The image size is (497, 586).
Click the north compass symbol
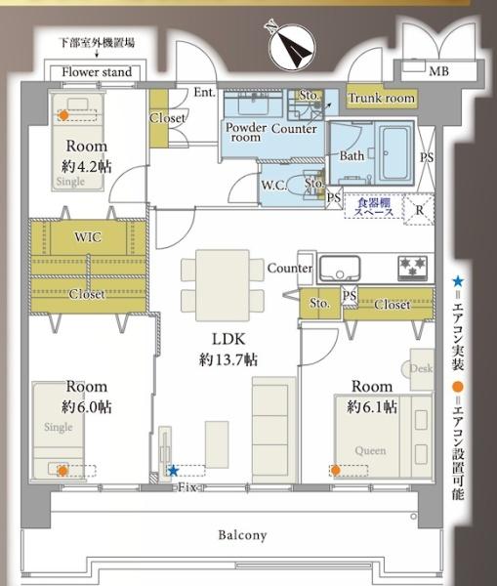(x=293, y=46)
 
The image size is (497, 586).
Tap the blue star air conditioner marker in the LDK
(x=173, y=471)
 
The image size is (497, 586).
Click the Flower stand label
(x=97, y=71)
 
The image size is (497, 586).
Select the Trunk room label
(x=382, y=98)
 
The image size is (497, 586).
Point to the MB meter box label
(x=439, y=71)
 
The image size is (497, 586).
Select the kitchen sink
(x=340, y=269)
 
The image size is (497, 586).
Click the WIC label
(x=88, y=237)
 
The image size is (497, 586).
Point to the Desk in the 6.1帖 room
(x=422, y=369)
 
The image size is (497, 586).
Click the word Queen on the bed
(x=370, y=450)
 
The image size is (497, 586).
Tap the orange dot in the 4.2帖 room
(x=63, y=115)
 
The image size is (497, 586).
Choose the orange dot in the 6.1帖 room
(x=335, y=470)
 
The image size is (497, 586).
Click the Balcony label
(x=242, y=535)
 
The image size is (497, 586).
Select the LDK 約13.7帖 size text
(x=228, y=359)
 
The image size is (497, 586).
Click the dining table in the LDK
(x=223, y=285)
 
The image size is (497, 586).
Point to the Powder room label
(x=245, y=132)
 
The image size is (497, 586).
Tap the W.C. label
(x=274, y=185)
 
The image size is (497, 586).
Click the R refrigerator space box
(x=419, y=210)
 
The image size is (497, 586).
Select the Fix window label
(x=186, y=487)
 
